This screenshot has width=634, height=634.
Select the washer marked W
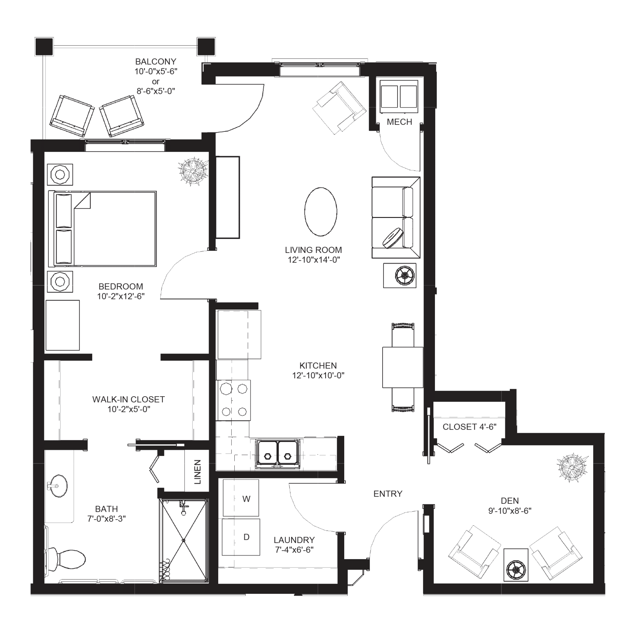click(241, 498)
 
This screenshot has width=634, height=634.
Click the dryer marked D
click(241, 537)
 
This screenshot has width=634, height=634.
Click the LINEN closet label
click(197, 472)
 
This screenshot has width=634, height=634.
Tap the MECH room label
click(399, 122)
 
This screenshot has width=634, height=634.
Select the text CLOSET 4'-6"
click(469, 427)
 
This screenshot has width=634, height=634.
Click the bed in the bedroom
click(102, 229)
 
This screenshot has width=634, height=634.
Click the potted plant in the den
click(572, 468)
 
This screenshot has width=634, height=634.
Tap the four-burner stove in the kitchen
click(233, 400)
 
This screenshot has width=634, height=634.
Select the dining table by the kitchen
click(402, 367)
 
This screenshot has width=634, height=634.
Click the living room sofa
click(395, 218)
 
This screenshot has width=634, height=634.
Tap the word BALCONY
click(155, 61)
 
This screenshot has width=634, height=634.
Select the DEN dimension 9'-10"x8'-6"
click(510, 510)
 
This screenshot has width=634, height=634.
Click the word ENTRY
click(388, 493)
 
